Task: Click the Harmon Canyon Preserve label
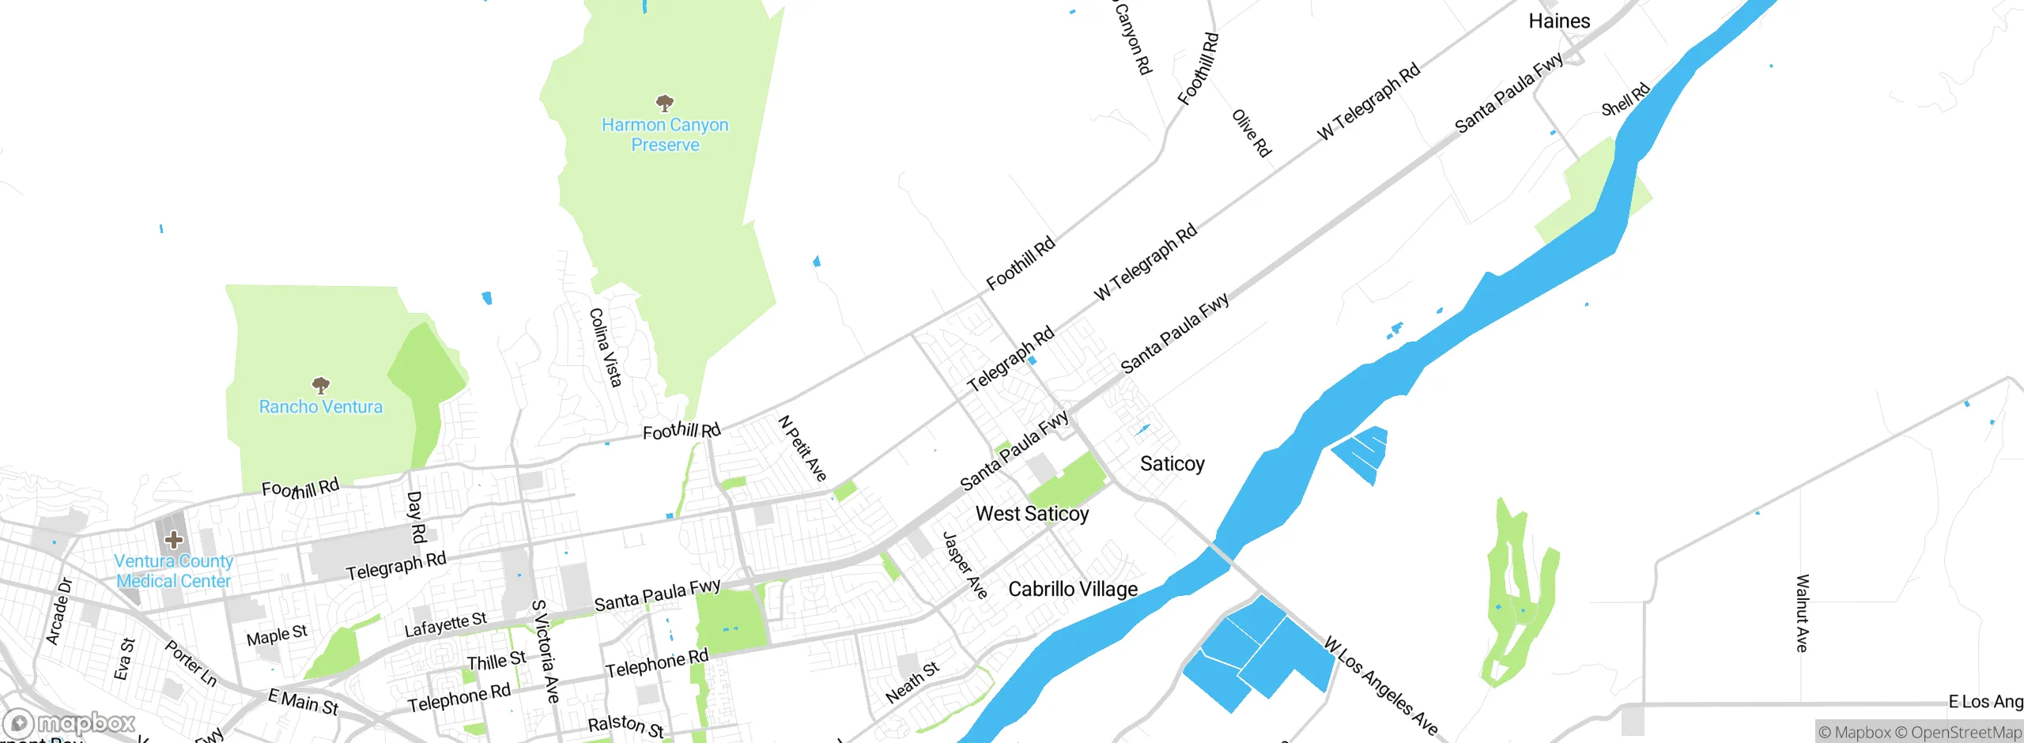(665, 135)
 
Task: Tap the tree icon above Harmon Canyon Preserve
(665, 103)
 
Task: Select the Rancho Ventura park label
(320, 407)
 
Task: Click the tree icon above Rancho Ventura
(320, 385)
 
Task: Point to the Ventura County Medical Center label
(174, 571)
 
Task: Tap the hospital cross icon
(174, 540)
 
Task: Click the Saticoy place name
(1172, 464)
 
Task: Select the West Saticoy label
(1032, 514)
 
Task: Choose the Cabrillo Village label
(1073, 590)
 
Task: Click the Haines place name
(1559, 21)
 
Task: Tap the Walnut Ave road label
(1802, 613)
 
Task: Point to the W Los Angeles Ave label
(1380, 686)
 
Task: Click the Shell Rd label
(1626, 99)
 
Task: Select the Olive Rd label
(1252, 133)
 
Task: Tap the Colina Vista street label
(606, 348)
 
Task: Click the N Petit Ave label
(802, 448)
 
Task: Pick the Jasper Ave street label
(965, 564)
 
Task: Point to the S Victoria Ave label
(546, 651)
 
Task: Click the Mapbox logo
(70, 723)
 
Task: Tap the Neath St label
(912, 682)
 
